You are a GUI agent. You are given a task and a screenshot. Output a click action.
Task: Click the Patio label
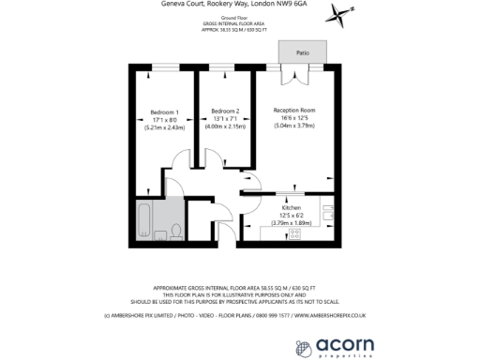[303, 54]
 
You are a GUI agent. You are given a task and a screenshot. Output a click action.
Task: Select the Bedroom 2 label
[224, 111]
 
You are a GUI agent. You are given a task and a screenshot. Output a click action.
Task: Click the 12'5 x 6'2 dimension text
[287, 216]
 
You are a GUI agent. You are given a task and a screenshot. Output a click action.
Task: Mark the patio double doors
[302, 68]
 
